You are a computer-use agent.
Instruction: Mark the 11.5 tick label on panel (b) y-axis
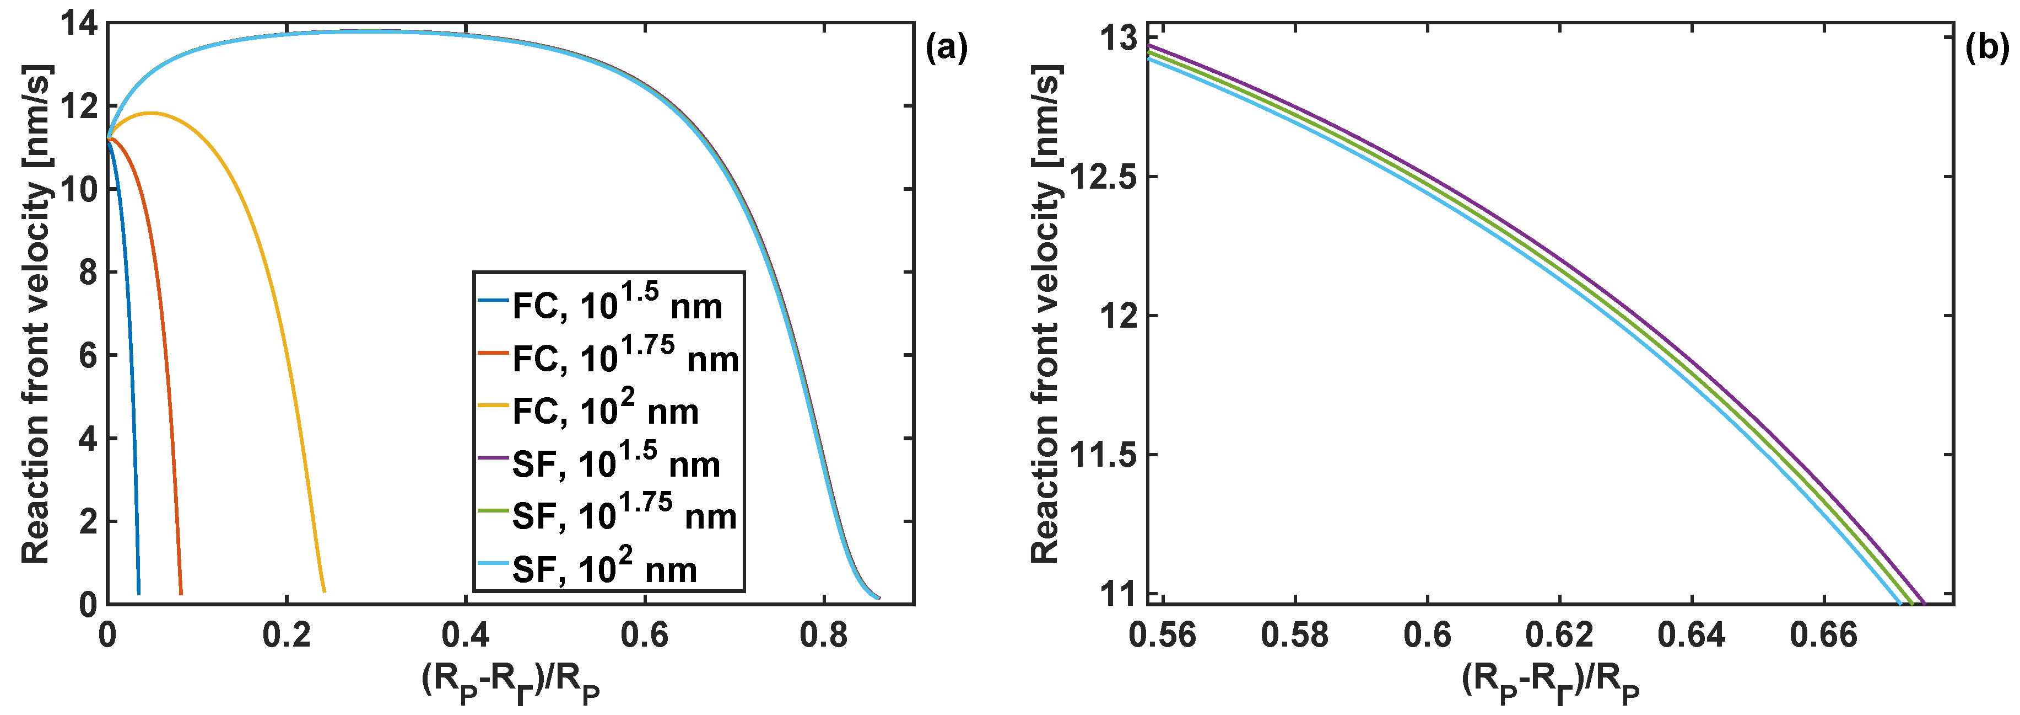[1103, 455]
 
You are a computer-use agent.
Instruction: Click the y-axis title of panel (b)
[1045, 314]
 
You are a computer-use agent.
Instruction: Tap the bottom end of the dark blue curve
[139, 593]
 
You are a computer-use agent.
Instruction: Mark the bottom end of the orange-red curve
[181, 593]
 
